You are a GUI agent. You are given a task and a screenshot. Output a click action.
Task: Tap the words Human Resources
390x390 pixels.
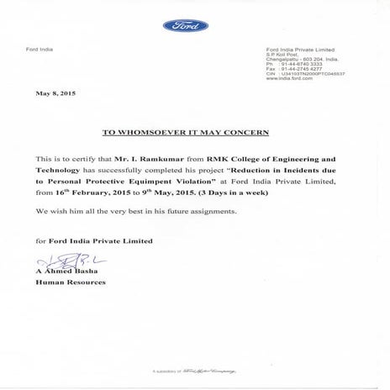(71, 283)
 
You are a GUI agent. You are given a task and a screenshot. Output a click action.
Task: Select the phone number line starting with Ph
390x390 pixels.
(290, 65)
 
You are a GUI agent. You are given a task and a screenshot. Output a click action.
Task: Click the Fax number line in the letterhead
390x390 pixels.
(290, 70)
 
